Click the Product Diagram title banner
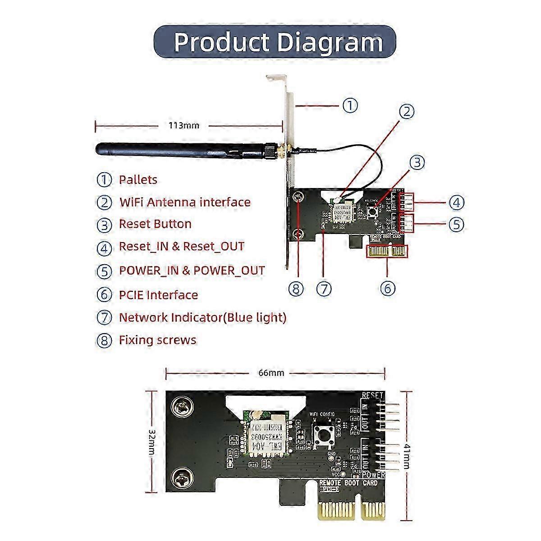275,42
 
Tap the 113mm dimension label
183,125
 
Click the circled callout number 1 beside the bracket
350,105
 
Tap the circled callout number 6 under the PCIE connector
388,288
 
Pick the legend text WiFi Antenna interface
184,202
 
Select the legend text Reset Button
155,224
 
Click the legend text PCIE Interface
158,295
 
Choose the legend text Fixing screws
157,339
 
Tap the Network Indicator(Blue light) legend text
202,317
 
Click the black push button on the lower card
323,435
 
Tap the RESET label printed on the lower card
372,396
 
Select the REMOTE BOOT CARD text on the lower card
348,483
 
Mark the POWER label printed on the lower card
373,475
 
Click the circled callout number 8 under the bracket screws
296,289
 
